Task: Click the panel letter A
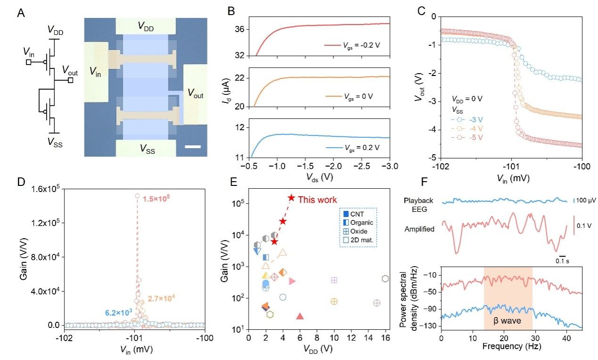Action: [x=21, y=14]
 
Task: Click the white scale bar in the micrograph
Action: [x=193, y=147]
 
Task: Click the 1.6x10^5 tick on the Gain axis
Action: [x=45, y=189]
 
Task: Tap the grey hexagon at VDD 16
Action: [x=385, y=279]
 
